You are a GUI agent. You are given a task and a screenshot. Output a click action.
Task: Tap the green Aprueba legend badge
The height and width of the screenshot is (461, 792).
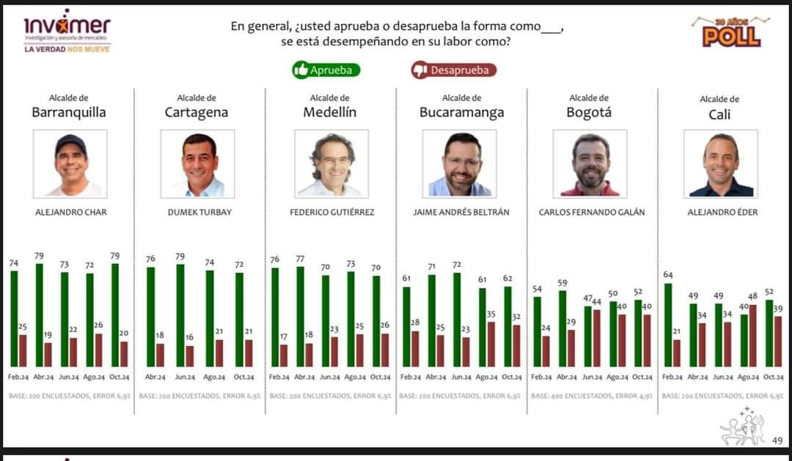[326, 70]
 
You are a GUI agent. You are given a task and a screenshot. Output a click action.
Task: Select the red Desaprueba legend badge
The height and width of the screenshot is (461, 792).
[453, 70]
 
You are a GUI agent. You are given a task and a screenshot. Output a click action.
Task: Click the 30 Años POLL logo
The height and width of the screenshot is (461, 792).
[732, 32]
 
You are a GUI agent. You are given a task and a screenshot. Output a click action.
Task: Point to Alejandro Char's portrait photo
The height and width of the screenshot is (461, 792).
[70, 163]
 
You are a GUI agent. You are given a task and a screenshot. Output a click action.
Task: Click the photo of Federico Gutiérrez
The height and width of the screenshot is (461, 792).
[331, 163]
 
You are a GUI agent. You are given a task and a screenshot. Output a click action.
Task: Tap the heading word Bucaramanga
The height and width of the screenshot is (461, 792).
[461, 112]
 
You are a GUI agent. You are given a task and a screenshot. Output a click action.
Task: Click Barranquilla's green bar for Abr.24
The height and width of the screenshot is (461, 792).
[39, 315]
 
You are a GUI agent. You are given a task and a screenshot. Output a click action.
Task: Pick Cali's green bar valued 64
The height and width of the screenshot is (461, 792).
[667, 325]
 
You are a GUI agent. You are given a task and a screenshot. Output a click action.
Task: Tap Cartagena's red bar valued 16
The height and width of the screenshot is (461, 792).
[190, 356]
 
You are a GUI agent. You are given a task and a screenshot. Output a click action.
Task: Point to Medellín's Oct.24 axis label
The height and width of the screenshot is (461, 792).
[381, 377]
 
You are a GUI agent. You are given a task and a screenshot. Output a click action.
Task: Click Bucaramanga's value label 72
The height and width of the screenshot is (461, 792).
[457, 264]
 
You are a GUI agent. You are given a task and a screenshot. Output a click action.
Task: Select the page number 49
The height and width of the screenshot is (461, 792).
[777, 440]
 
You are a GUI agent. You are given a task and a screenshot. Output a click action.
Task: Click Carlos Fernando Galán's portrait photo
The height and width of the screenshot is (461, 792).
[590, 163]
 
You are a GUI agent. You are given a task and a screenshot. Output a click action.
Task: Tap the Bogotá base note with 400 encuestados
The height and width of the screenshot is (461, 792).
[590, 396]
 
